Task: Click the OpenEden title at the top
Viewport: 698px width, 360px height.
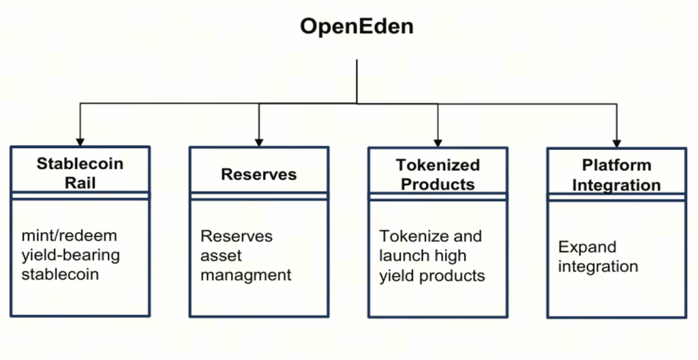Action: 356,27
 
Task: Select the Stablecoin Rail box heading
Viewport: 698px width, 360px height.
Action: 80,172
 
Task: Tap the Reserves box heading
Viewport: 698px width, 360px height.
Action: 259,175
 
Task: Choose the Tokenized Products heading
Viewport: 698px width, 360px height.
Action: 438,175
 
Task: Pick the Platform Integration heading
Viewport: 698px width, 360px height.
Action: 616,175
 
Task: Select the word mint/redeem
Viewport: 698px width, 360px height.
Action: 70,236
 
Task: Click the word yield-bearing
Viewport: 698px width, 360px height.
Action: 71,256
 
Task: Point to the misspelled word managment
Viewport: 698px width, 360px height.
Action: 246,275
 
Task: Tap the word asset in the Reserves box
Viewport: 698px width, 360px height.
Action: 221,256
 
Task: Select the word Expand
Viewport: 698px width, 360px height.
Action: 587,247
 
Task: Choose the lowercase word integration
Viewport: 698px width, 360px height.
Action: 598,266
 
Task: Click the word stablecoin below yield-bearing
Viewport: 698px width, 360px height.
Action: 60,275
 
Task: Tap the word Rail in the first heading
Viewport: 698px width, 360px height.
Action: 80,183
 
